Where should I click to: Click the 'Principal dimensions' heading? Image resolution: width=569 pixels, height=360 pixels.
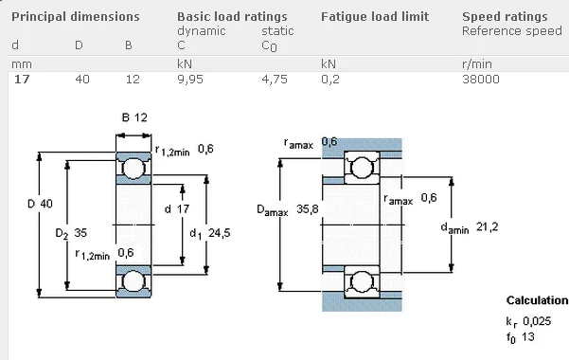[x=76, y=17]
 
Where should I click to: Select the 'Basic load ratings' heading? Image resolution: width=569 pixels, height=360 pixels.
[x=232, y=17]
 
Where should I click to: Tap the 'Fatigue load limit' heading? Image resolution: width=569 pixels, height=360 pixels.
[x=375, y=17]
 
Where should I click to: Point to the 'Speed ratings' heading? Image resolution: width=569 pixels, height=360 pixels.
[x=505, y=17]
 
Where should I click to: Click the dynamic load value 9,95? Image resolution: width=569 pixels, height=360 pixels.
[x=190, y=80]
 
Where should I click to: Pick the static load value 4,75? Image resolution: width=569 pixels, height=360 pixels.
[x=275, y=80]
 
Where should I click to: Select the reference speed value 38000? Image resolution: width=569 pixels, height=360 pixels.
[x=481, y=79]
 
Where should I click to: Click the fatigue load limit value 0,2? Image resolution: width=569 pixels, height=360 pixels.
[x=330, y=80]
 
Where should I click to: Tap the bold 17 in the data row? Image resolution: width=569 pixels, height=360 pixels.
[x=22, y=79]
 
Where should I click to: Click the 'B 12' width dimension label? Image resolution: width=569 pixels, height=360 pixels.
[x=134, y=117]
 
